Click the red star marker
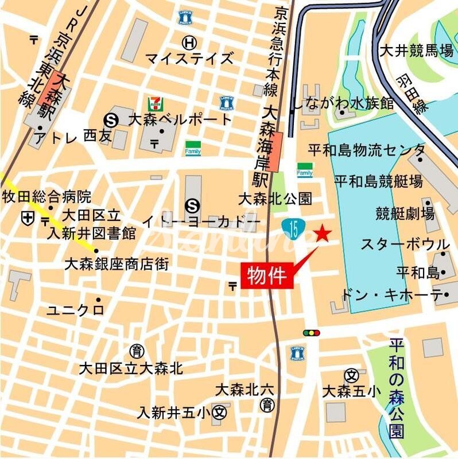(323, 234)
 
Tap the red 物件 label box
(267, 276)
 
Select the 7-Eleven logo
(154, 103)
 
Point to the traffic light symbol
(312, 333)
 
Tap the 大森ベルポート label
(180, 120)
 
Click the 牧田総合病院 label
(47, 197)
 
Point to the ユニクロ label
(75, 310)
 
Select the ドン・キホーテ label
(391, 295)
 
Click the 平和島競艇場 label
(378, 182)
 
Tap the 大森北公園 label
(275, 199)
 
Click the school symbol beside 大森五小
(351, 375)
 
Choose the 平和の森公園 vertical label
(395, 388)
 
